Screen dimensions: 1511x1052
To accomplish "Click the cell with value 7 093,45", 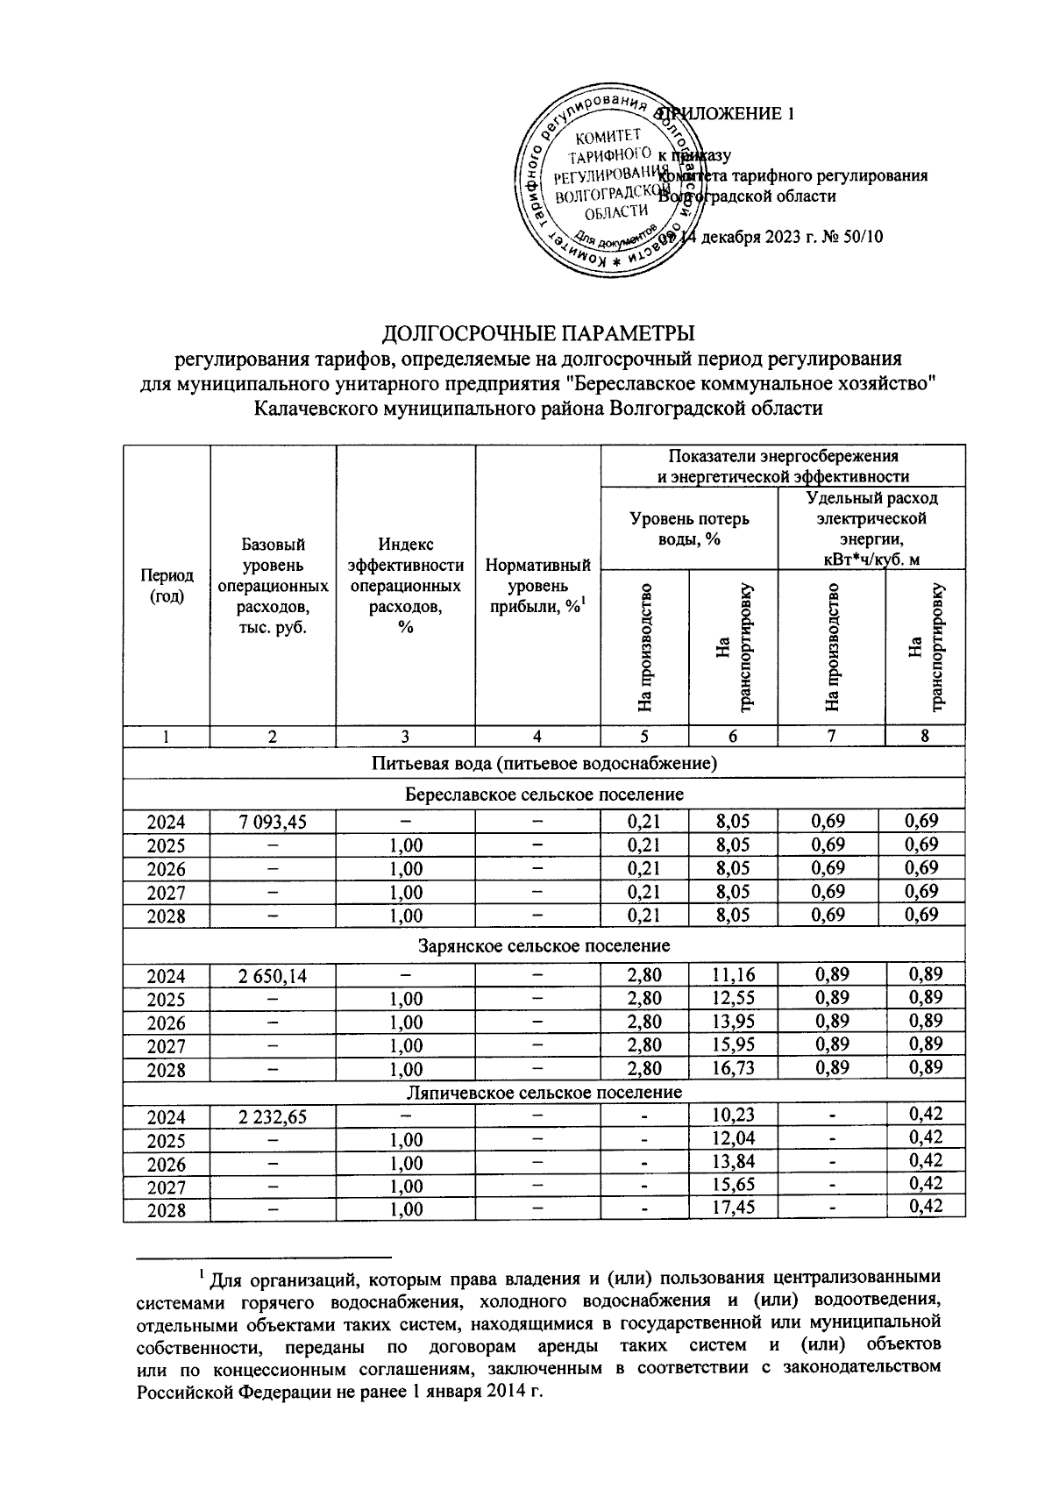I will coord(272,822).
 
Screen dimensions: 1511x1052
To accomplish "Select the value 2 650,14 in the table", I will coord(272,975).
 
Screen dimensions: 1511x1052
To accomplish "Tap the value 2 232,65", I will coord(272,1116).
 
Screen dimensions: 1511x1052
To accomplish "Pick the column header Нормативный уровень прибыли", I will coord(537,586).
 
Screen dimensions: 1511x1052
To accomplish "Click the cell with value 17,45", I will coord(733,1208).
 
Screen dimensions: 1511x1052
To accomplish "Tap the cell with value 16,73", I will coord(733,1067).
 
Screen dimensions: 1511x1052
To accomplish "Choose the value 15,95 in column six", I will coord(733,1044).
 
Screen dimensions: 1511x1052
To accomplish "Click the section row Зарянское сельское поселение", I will coord(544,945).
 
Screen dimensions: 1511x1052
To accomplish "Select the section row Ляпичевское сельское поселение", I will coord(544,1092).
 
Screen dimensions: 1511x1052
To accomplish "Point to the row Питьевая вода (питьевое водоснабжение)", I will coord(544,763).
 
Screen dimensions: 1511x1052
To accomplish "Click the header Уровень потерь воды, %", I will coord(689,529).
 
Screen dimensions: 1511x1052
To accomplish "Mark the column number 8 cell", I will coord(925,737).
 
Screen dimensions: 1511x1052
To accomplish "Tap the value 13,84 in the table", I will coord(733,1162).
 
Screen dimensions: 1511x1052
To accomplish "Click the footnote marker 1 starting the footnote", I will coord(202,1272).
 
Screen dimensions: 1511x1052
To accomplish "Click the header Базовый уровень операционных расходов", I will coord(272,586).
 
